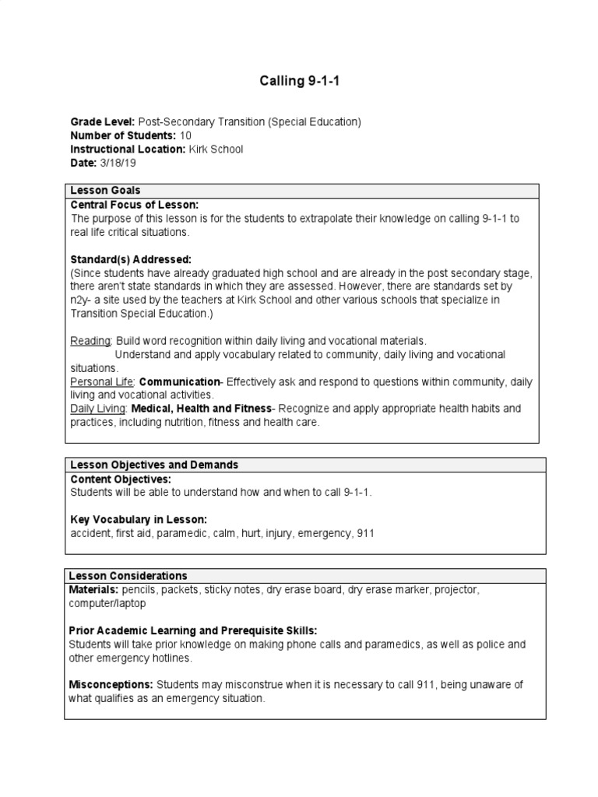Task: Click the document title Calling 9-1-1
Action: pos(299,81)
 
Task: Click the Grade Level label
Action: pos(103,122)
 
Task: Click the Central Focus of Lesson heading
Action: pos(135,205)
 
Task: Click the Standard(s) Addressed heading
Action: pos(131,259)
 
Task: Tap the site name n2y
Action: pos(81,300)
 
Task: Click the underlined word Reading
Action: pos(91,341)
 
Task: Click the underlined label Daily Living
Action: pos(99,409)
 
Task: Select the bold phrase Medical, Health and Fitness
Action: pos(202,409)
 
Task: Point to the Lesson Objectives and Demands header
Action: pos(154,465)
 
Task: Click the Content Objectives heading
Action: pos(121,479)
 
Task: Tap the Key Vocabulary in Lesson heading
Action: pos(139,519)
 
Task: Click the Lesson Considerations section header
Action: pos(128,576)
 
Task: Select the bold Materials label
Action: pos(94,590)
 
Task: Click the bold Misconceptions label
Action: pos(111,684)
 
